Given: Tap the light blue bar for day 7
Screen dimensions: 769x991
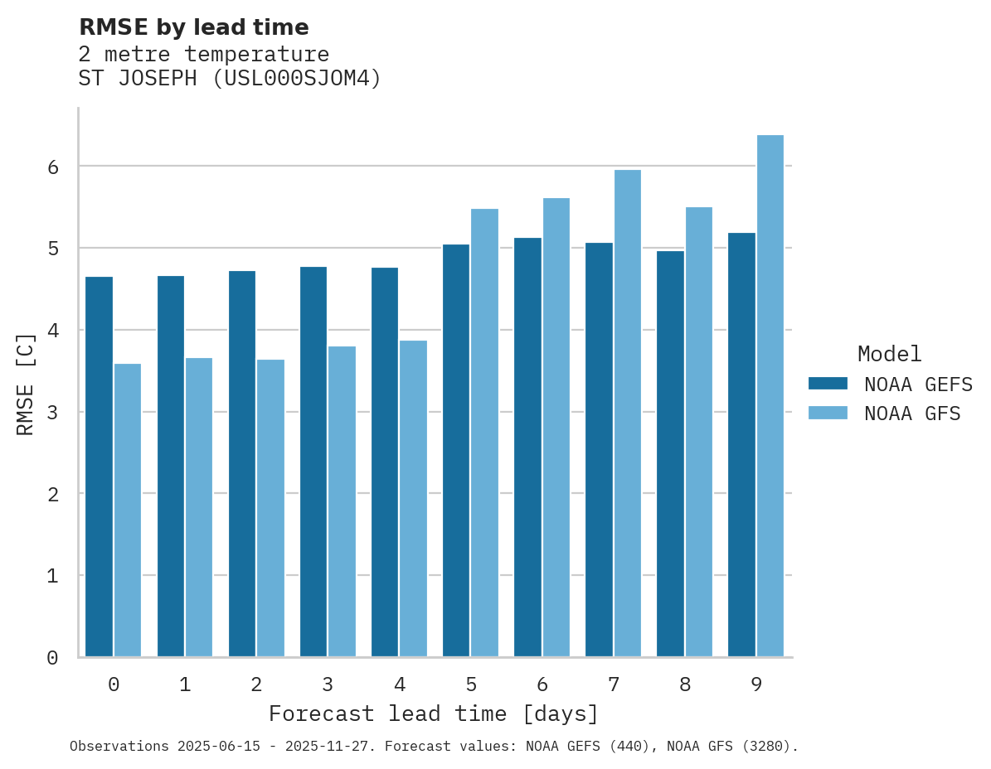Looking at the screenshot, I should click(627, 414).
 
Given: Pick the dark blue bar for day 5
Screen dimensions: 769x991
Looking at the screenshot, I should click(456, 451).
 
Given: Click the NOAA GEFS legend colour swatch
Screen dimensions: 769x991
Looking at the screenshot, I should click(828, 384).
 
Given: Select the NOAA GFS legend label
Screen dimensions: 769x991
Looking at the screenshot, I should click(912, 414).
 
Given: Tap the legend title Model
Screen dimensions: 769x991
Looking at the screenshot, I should click(889, 354).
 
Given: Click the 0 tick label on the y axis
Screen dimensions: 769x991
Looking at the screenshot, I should click(52, 658).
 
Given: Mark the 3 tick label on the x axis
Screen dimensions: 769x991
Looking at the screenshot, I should click(328, 684).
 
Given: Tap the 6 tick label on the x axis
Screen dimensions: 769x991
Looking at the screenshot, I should click(542, 684).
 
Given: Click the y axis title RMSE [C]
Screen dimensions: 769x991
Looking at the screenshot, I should click(26, 384).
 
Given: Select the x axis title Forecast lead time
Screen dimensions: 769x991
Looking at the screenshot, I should click(433, 713).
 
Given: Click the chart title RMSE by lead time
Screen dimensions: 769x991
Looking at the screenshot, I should click(193, 27).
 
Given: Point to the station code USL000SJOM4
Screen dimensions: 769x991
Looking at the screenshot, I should click(296, 79).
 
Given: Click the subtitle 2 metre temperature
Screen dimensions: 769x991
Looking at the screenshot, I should click(203, 54).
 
